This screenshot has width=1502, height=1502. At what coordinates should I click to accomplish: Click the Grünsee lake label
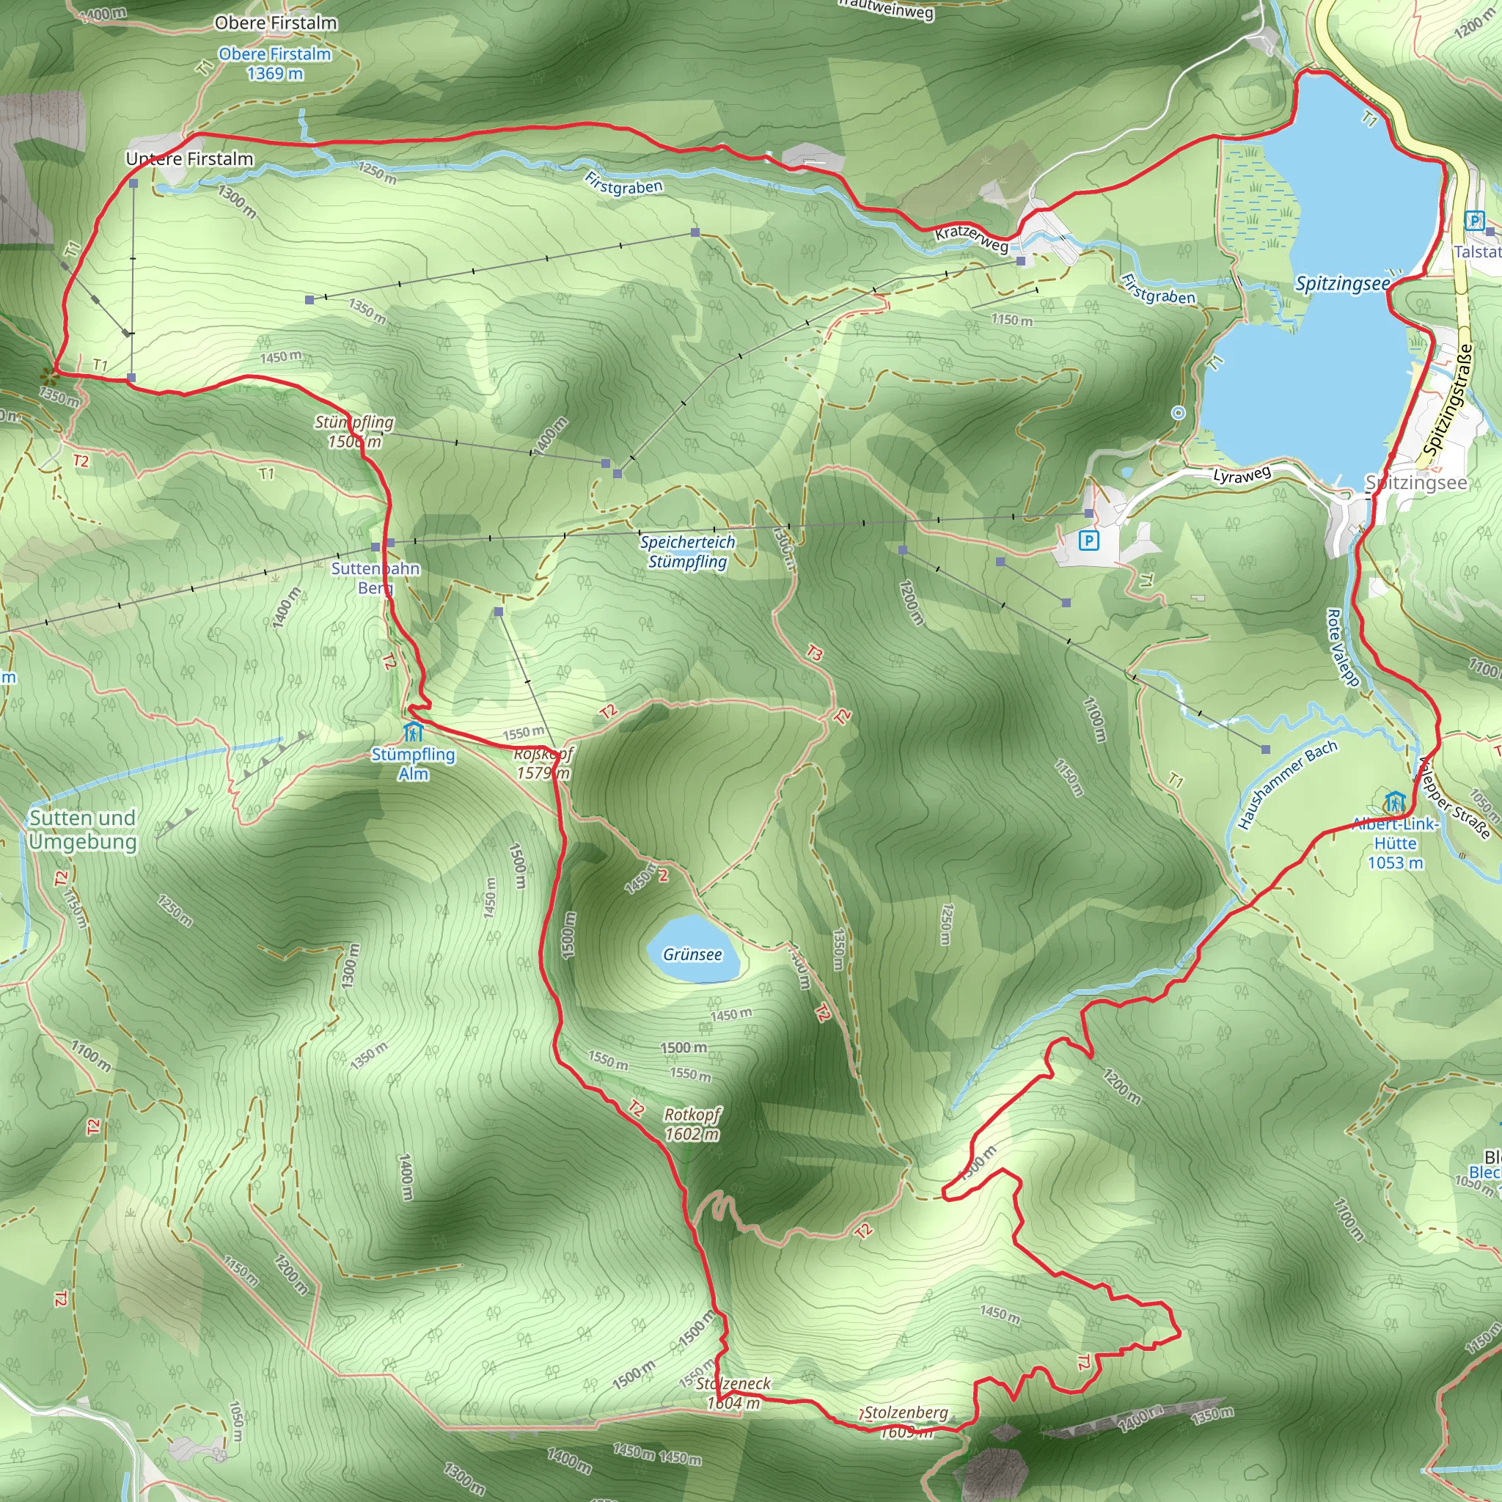pyautogui.click(x=692, y=954)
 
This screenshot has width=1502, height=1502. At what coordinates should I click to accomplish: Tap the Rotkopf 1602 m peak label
pyautogui.click(x=692, y=1124)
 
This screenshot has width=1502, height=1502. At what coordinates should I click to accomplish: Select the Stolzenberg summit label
pyautogui.click(x=906, y=1413)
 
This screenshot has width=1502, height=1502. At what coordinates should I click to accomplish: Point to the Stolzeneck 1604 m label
pyautogui.click(x=733, y=1393)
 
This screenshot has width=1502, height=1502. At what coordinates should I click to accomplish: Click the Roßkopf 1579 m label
pyautogui.click(x=543, y=763)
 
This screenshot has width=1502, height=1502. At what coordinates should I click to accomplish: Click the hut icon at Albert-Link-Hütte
pyautogui.click(x=1394, y=801)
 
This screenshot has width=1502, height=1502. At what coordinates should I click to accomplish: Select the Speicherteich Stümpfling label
pyautogui.click(x=687, y=552)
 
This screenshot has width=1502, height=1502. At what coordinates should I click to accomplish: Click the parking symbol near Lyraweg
pyautogui.click(x=1088, y=541)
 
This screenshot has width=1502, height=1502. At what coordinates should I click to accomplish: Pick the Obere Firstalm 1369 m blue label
pyautogui.click(x=274, y=64)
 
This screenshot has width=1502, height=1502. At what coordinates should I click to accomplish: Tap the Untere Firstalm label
pyautogui.click(x=190, y=158)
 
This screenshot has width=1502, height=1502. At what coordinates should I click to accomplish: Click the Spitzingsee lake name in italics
pyautogui.click(x=1342, y=284)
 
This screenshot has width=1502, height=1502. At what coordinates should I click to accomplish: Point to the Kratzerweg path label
pyautogui.click(x=971, y=238)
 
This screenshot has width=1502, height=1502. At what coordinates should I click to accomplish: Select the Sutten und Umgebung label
pyautogui.click(x=82, y=829)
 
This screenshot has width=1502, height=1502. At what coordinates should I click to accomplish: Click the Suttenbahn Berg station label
pyautogui.click(x=375, y=578)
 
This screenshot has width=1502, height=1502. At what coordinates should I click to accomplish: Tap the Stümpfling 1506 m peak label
pyautogui.click(x=354, y=431)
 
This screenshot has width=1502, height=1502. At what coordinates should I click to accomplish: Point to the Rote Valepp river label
pyautogui.click(x=1342, y=648)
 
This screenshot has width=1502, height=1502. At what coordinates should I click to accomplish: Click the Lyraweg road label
pyautogui.click(x=1242, y=475)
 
